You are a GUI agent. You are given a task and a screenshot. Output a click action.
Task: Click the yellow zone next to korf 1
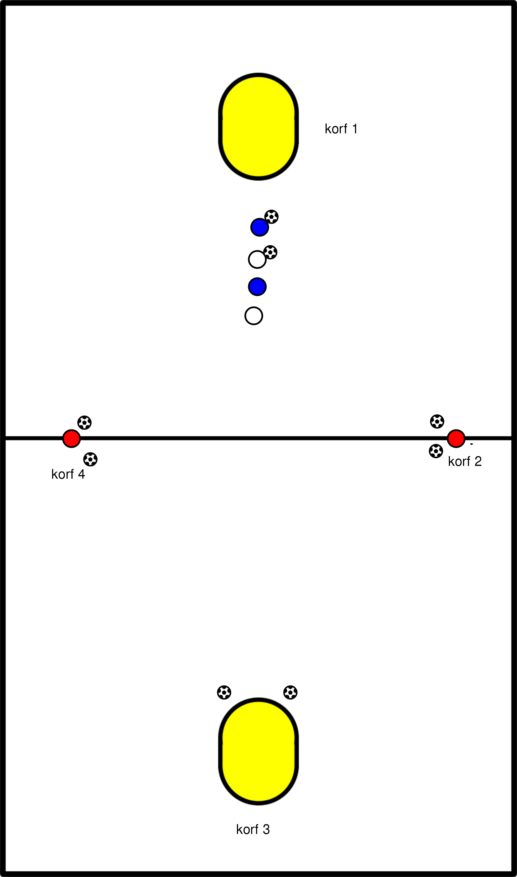258,127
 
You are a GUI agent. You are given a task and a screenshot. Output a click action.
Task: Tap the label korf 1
341,129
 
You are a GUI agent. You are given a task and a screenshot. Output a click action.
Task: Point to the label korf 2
464,462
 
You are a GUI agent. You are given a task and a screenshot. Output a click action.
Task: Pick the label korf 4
68,474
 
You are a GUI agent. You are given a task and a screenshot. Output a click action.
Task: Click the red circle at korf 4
71,438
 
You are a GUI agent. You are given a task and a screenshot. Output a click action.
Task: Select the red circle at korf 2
456,438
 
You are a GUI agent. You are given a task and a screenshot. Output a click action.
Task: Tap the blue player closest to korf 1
260,227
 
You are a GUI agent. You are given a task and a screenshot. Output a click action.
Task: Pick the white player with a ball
257,260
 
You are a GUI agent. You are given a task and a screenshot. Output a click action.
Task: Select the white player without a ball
254,316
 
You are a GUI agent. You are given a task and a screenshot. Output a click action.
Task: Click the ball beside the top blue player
271,217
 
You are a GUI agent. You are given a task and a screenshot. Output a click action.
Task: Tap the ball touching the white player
270,252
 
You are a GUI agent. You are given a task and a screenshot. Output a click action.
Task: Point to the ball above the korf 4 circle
84,423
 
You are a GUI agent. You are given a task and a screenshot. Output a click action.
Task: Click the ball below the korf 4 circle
90,459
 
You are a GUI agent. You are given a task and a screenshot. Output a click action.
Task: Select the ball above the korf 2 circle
437,421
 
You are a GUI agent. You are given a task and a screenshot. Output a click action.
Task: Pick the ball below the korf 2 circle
436,451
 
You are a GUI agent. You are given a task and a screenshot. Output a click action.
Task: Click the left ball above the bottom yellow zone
224,692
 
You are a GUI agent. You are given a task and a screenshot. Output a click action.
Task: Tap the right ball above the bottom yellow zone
290,692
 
